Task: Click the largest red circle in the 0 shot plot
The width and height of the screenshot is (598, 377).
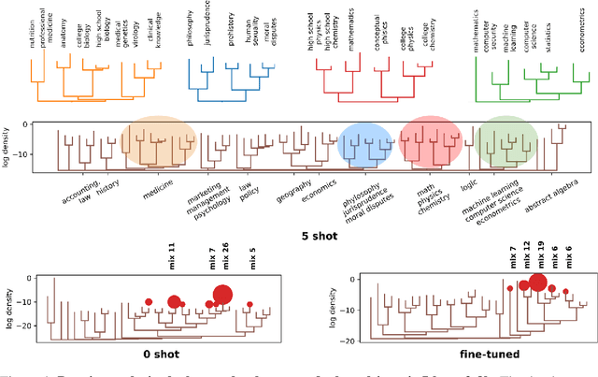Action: pos(222,296)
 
